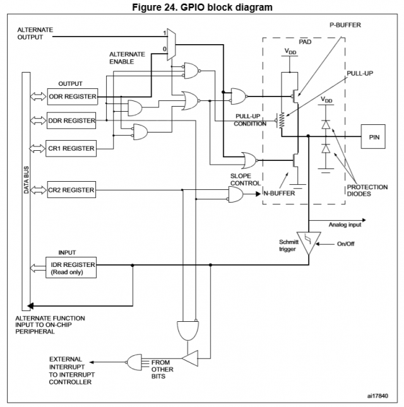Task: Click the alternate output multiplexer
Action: [x=169, y=44]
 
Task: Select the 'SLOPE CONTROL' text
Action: [x=246, y=180]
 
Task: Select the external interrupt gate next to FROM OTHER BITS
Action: [x=135, y=362]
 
